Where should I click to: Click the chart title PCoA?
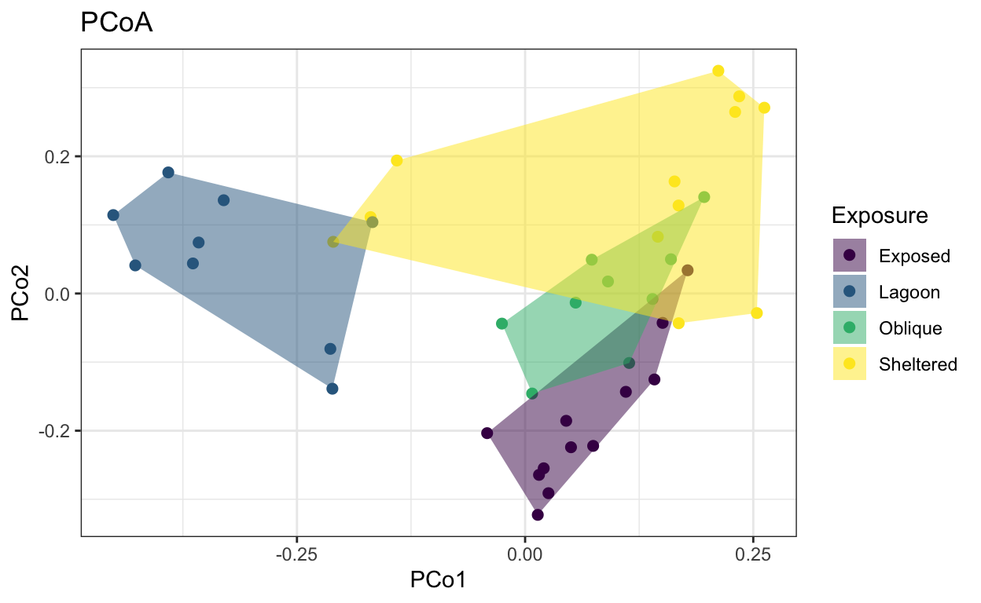click(x=116, y=24)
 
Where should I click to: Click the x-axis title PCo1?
click(x=438, y=580)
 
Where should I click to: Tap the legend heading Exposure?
click(x=880, y=215)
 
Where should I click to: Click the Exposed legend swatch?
click(x=849, y=255)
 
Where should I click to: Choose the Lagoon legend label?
click(x=909, y=292)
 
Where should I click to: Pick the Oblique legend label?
click(x=910, y=328)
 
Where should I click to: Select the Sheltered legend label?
click(x=918, y=364)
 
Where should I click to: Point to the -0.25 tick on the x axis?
click(x=296, y=554)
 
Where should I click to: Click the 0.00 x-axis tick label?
click(x=524, y=554)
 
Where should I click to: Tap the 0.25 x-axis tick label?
click(x=752, y=554)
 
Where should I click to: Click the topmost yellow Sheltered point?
click(x=718, y=71)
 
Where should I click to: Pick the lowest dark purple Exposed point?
click(x=538, y=514)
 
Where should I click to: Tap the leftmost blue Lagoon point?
click(x=113, y=215)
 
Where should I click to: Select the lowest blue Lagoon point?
click(x=332, y=389)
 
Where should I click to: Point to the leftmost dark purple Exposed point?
click(x=487, y=433)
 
